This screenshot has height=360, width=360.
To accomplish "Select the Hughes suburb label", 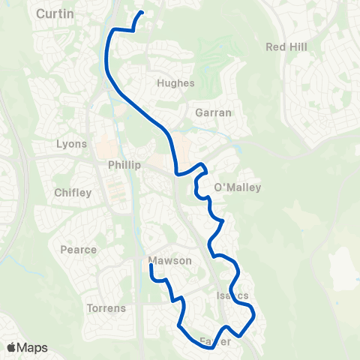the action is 176,83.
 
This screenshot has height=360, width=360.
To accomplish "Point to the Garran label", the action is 213,112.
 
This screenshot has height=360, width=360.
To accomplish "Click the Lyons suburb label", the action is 72,143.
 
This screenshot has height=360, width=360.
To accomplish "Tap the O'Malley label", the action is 238,187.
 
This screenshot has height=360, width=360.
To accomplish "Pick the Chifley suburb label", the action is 73,193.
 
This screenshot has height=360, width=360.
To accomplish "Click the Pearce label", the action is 79,250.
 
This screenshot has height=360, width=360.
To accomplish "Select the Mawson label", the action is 170,261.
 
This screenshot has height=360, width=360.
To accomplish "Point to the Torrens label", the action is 106,308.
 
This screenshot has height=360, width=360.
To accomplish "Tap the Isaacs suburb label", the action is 232,295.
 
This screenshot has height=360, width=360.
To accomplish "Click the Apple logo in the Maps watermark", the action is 12,348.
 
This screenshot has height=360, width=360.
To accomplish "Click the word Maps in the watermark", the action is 32,348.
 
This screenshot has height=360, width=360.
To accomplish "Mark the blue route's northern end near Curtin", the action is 142,13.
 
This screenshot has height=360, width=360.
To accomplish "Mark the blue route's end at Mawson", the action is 151,265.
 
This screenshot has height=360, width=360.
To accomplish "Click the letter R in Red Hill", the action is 270,46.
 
